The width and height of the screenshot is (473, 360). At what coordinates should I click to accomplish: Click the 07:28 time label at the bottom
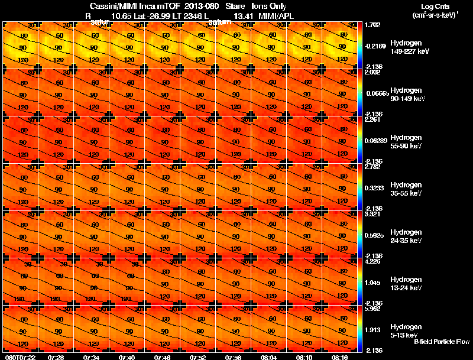[x=56, y=357]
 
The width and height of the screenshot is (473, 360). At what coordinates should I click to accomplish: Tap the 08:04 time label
[x=269, y=357]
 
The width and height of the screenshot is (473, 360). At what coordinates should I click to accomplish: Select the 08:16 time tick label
[x=340, y=357]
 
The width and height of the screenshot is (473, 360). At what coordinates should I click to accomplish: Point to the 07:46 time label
[x=163, y=357]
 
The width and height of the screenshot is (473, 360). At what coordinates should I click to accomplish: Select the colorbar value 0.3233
[x=374, y=187]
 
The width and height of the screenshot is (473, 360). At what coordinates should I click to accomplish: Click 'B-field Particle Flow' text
[x=442, y=342]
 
